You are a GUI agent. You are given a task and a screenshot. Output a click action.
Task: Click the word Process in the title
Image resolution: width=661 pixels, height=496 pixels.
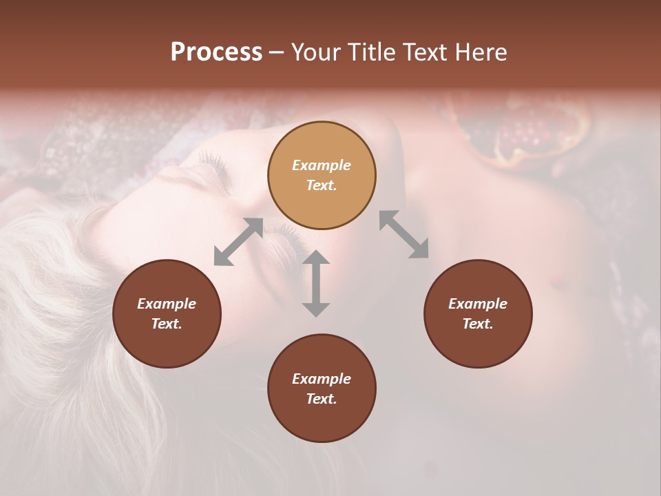click(x=216, y=52)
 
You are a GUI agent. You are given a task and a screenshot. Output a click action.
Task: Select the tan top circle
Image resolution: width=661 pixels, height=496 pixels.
click(x=322, y=175)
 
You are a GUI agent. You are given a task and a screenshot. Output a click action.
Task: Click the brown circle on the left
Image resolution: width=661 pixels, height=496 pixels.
click(x=167, y=313)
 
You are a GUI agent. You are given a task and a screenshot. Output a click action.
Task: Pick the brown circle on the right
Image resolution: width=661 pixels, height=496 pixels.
click(x=478, y=313)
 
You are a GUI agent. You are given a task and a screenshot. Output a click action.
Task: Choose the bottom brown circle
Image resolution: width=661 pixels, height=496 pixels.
click(x=322, y=388)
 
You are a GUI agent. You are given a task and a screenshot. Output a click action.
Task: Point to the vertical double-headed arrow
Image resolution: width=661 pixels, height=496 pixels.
click(x=316, y=283)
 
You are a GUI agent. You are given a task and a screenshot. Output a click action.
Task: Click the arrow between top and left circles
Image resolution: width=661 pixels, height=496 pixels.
click(x=238, y=242)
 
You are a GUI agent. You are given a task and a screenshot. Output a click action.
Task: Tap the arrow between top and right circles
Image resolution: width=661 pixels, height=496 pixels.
click(x=403, y=234)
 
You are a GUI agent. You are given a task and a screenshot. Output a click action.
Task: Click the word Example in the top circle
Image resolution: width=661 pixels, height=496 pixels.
click(x=322, y=165)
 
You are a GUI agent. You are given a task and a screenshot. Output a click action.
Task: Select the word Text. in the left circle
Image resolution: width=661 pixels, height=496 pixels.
click(x=167, y=324)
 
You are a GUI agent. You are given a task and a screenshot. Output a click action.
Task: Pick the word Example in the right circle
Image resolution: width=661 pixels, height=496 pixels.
click(x=478, y=304)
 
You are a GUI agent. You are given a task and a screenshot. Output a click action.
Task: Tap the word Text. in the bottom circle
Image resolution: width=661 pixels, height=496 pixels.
click(x=322, y=399)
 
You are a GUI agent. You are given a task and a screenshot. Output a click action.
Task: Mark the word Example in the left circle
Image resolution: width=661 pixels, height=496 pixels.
click(x=167, y=304)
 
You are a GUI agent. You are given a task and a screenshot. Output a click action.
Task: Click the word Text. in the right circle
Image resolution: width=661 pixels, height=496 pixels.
click(x=478, y=324)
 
